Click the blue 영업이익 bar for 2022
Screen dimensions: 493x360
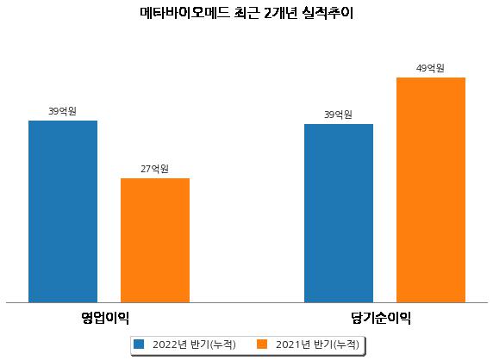pos(63,211)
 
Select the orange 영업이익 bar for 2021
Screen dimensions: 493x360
pos(155,240)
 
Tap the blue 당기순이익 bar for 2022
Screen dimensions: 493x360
pos(339,214)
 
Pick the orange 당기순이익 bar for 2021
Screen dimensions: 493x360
pos(431,190)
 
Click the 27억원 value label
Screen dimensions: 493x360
pos(154,169)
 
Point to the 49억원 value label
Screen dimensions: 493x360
pos(430,68)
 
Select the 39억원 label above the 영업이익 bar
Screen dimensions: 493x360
pos(62,111)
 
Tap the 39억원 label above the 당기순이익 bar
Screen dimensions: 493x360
pos(338,115)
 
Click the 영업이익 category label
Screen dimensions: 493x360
pos(105,318)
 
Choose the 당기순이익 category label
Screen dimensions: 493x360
pos(381,318)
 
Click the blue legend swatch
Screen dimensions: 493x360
pos(139,344)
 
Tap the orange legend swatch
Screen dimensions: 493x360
pos(262,344)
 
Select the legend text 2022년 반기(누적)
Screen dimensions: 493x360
pos(194,344)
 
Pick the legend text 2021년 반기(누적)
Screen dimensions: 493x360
pos(317,344)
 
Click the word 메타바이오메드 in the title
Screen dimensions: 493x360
pos(184,13)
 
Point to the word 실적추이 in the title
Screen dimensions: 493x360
pos(328,13)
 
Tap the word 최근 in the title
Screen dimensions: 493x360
pos(246,13)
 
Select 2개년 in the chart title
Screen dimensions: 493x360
pos(280,13)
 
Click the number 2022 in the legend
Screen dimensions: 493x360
pos(165,344)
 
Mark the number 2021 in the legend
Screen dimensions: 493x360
pos(289,344)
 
